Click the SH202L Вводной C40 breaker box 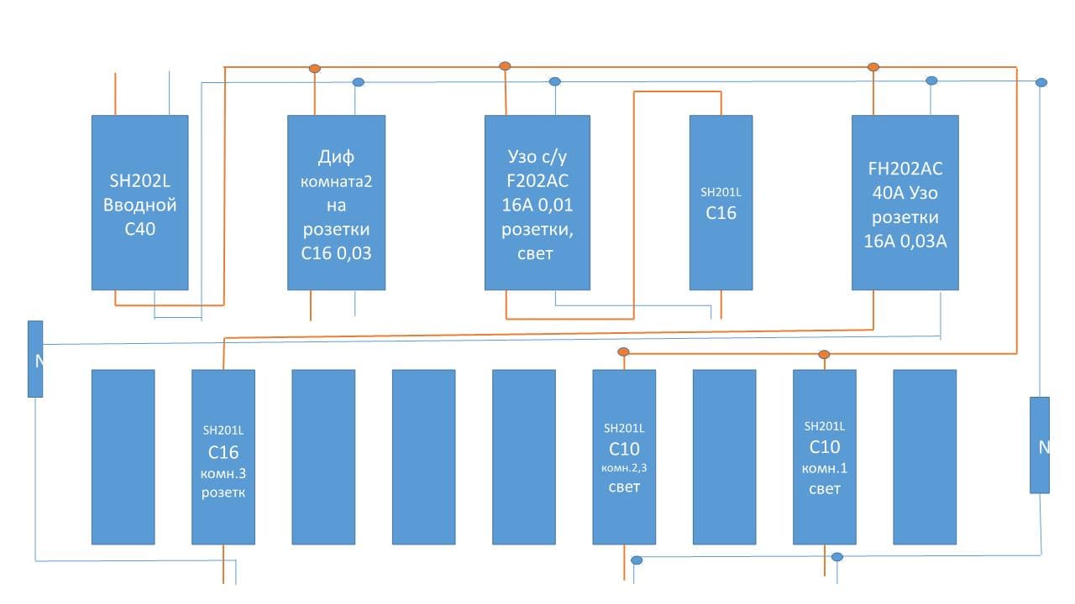coord(139,202)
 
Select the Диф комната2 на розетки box coord(336,202)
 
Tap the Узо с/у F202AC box coord(537,202)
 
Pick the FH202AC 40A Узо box coord(905,202)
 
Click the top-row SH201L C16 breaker coord(721,202)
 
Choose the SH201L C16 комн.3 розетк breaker coord(223,457)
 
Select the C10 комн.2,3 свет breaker coord(624,457)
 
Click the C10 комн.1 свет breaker coord(824,457)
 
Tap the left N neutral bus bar coord(35,358)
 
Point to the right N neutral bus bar coord(1040,445)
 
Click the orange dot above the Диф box coord(315,68)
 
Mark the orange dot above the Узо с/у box coord(505,65)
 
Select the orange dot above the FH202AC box coord(873,66)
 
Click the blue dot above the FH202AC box coord(931,81)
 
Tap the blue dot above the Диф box coord(358,82)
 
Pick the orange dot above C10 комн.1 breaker coord(824,354)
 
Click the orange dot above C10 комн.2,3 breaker coord(623,352)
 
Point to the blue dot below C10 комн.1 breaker coord(836,557)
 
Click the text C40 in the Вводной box coord(139,228)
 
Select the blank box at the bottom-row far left coord(123,457)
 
